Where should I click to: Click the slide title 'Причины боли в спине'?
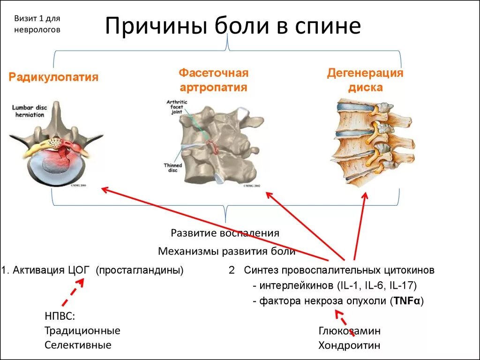[x=232, y=27]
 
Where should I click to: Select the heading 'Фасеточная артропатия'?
[x=213, y=80]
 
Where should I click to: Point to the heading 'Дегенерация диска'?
[x=365, y=80]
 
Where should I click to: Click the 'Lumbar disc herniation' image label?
[x=29, y=110]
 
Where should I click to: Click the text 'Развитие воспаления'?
[x=225, y=233]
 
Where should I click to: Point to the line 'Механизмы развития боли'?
[x=226, y=251]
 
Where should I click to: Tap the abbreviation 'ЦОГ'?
[x=79, y=270]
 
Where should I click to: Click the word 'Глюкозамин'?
[x=349, y=331]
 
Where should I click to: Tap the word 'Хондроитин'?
[x=349, y=346]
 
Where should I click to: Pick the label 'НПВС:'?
[x=60, y=316]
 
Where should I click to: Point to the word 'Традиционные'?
[x=82, y=331]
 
